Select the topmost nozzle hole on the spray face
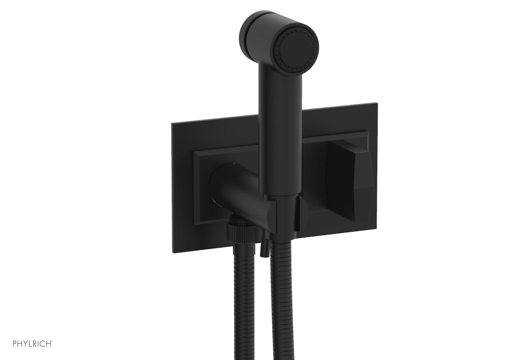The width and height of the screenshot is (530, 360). click(x=296, y=30)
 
